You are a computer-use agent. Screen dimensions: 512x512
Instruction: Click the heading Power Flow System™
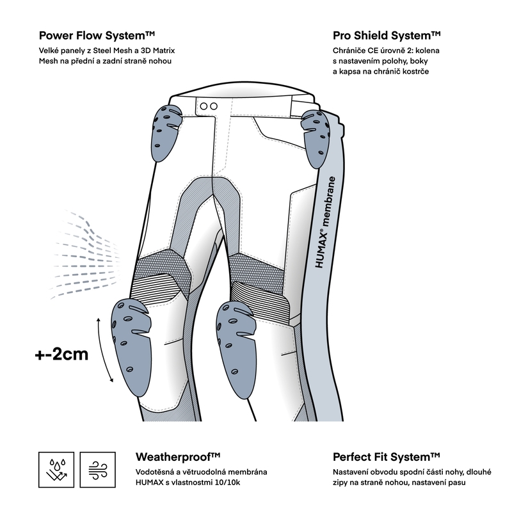pyautogui.click(x=97, y=35)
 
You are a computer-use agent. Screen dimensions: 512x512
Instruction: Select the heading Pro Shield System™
pyautogui.click(x=387, y=35)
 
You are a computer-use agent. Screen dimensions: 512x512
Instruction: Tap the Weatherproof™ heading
pyautogui.click(x=178, y=457)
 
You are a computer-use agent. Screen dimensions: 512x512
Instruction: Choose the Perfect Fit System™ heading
pyautogui.click(x=387, y=457)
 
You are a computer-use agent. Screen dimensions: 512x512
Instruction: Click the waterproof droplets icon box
pyautogui.click(x=56, y=470)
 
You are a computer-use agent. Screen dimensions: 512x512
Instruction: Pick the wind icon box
pyautogui.click(x=98, y=470)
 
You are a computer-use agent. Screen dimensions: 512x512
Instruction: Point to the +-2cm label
pyautogui.click(x=61, y=355)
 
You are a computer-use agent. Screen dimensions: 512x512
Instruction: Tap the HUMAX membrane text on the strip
pyautogui.click(x=325, y=222)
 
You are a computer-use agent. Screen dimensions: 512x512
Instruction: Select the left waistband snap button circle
pyautogui.click(x=204, y=106)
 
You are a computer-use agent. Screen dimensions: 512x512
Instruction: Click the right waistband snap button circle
pyautogui.click(x=214, y=106)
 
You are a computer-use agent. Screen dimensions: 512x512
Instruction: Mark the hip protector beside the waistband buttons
pyautogui.click(x=166, y=134)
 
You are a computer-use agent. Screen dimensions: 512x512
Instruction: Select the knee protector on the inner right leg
pyautogui.click(x=236, y=349)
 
